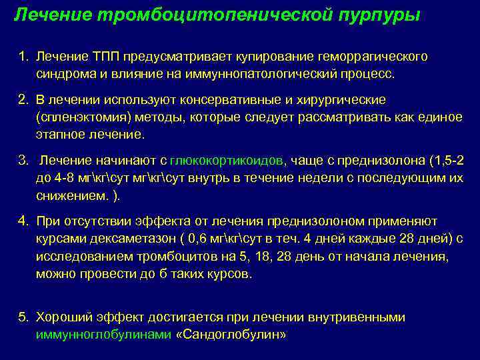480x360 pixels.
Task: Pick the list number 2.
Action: point(23,99)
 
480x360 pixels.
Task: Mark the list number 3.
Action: point(23,161)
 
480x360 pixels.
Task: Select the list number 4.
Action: point(23,221)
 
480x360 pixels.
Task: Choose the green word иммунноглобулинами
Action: point(103,334)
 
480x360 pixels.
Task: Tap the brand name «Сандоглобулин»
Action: point(230,334)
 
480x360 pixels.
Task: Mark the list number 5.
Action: point(23,317)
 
